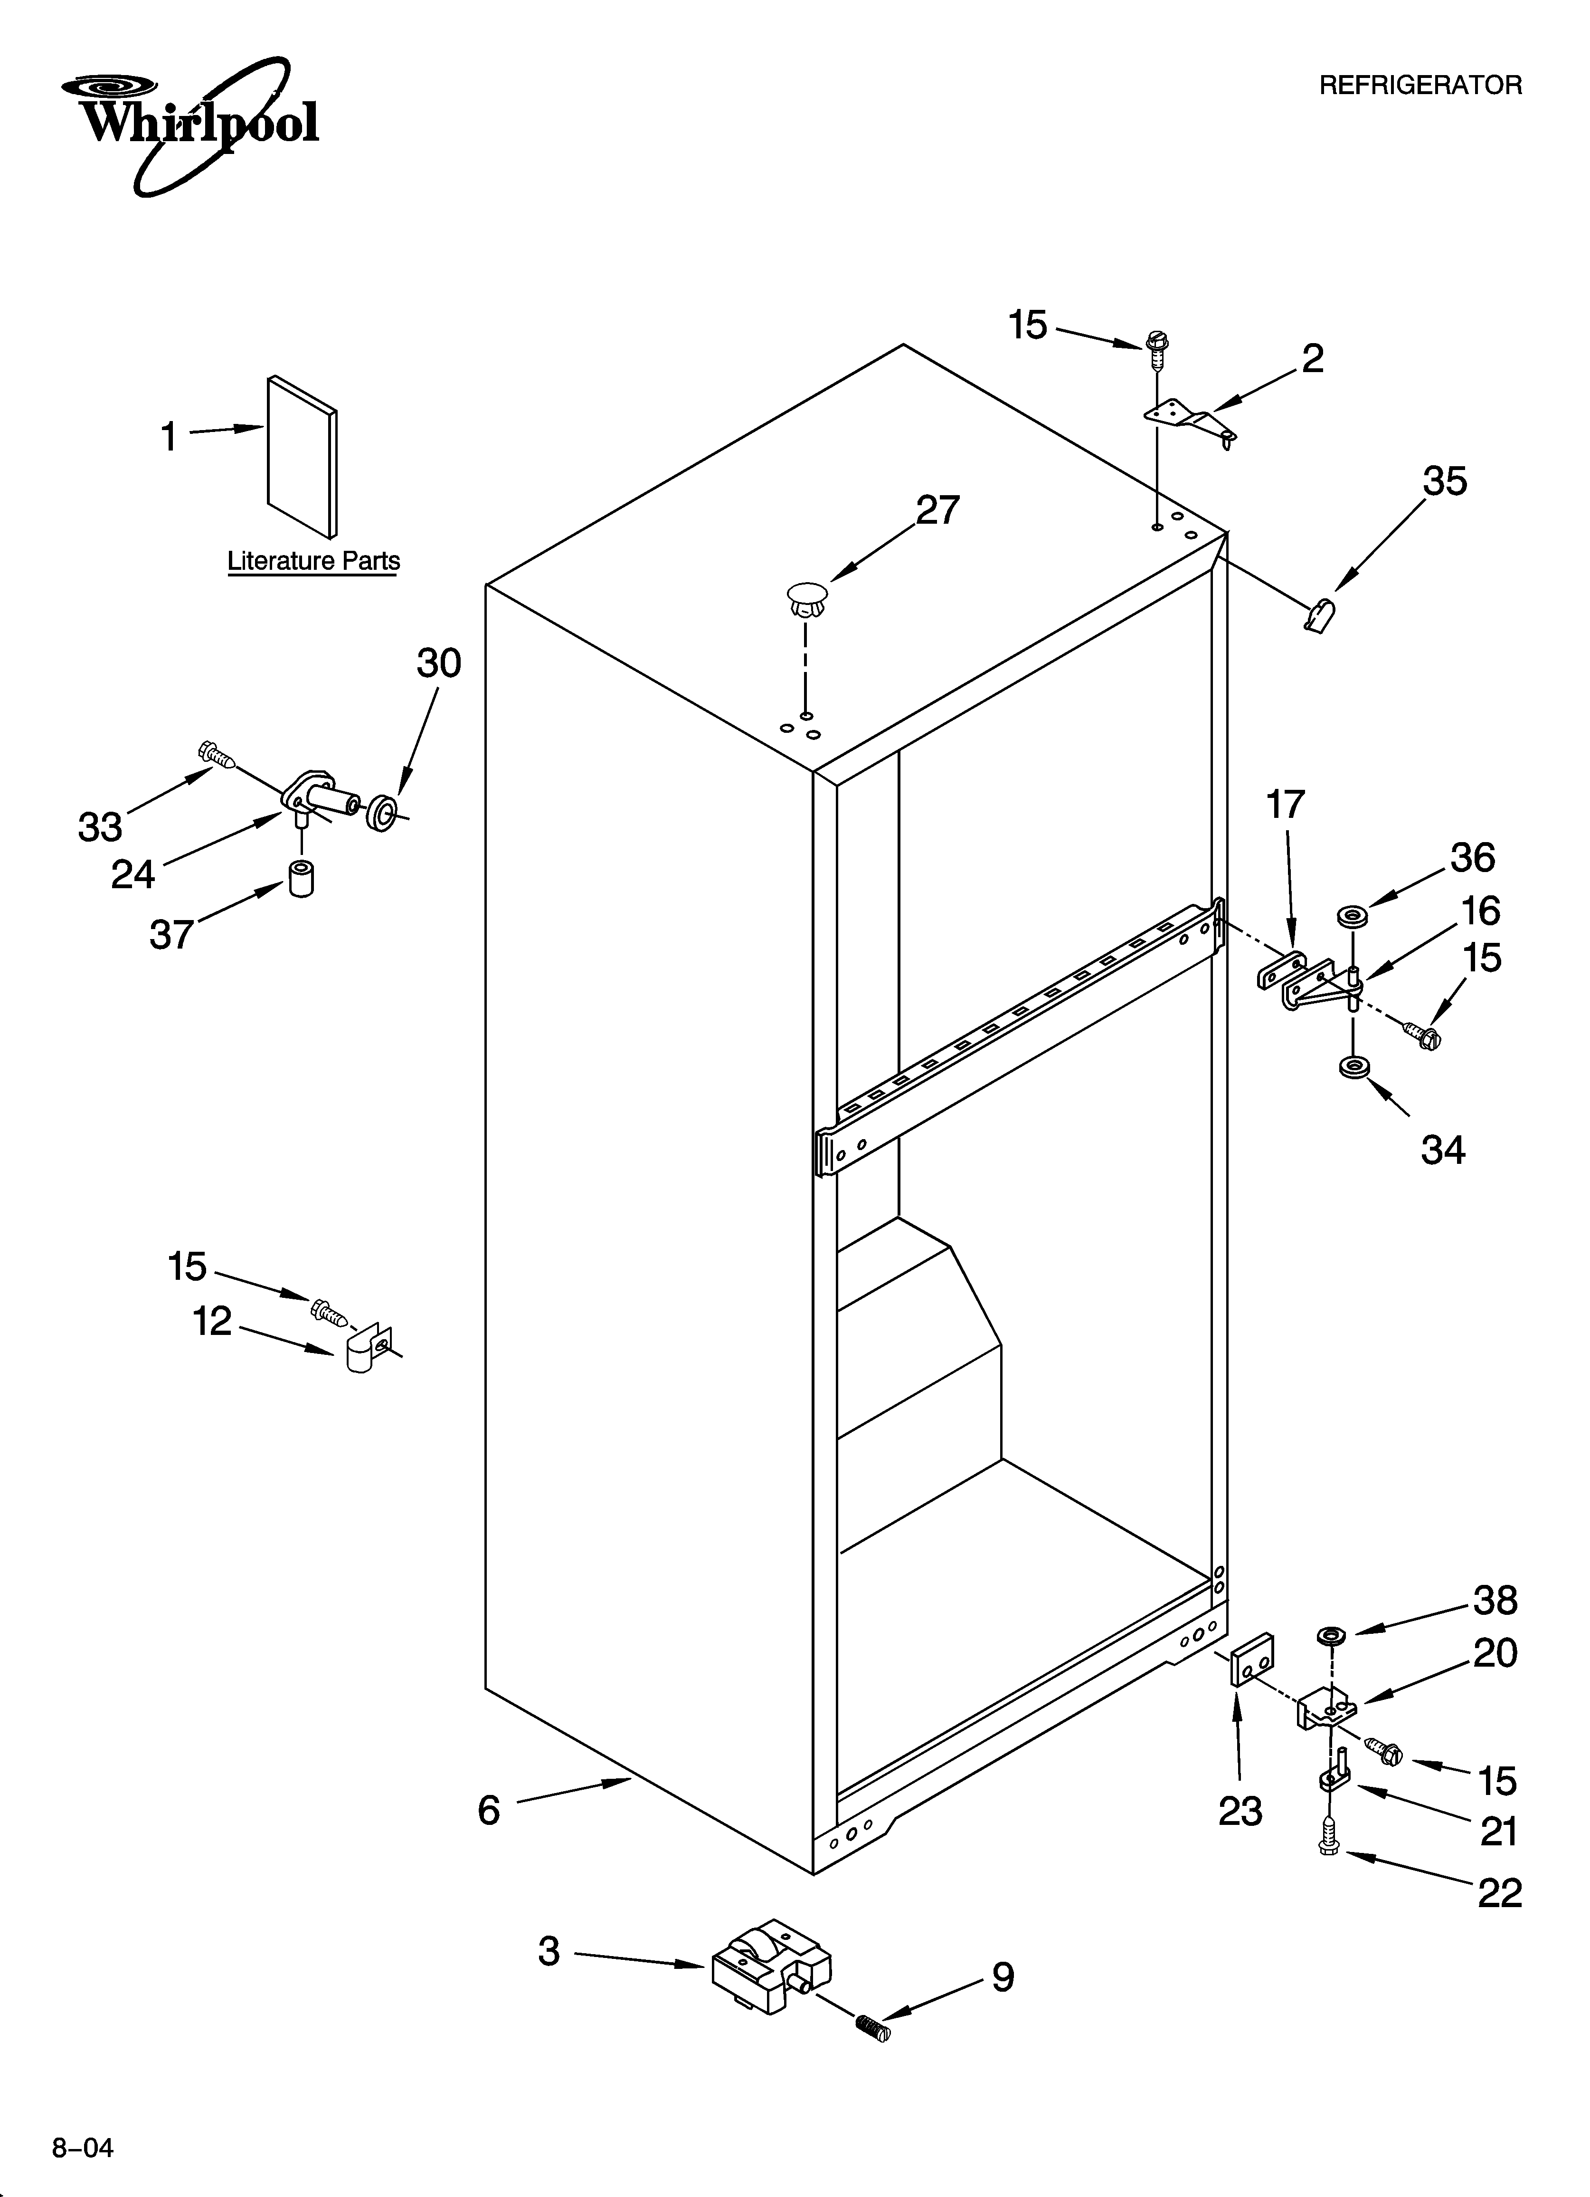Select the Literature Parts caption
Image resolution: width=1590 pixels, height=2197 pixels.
click(x=313, y=561)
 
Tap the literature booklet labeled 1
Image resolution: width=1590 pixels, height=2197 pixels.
click(x=302, y=455)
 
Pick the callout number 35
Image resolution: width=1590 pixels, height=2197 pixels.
click(x=1444, y=481)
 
